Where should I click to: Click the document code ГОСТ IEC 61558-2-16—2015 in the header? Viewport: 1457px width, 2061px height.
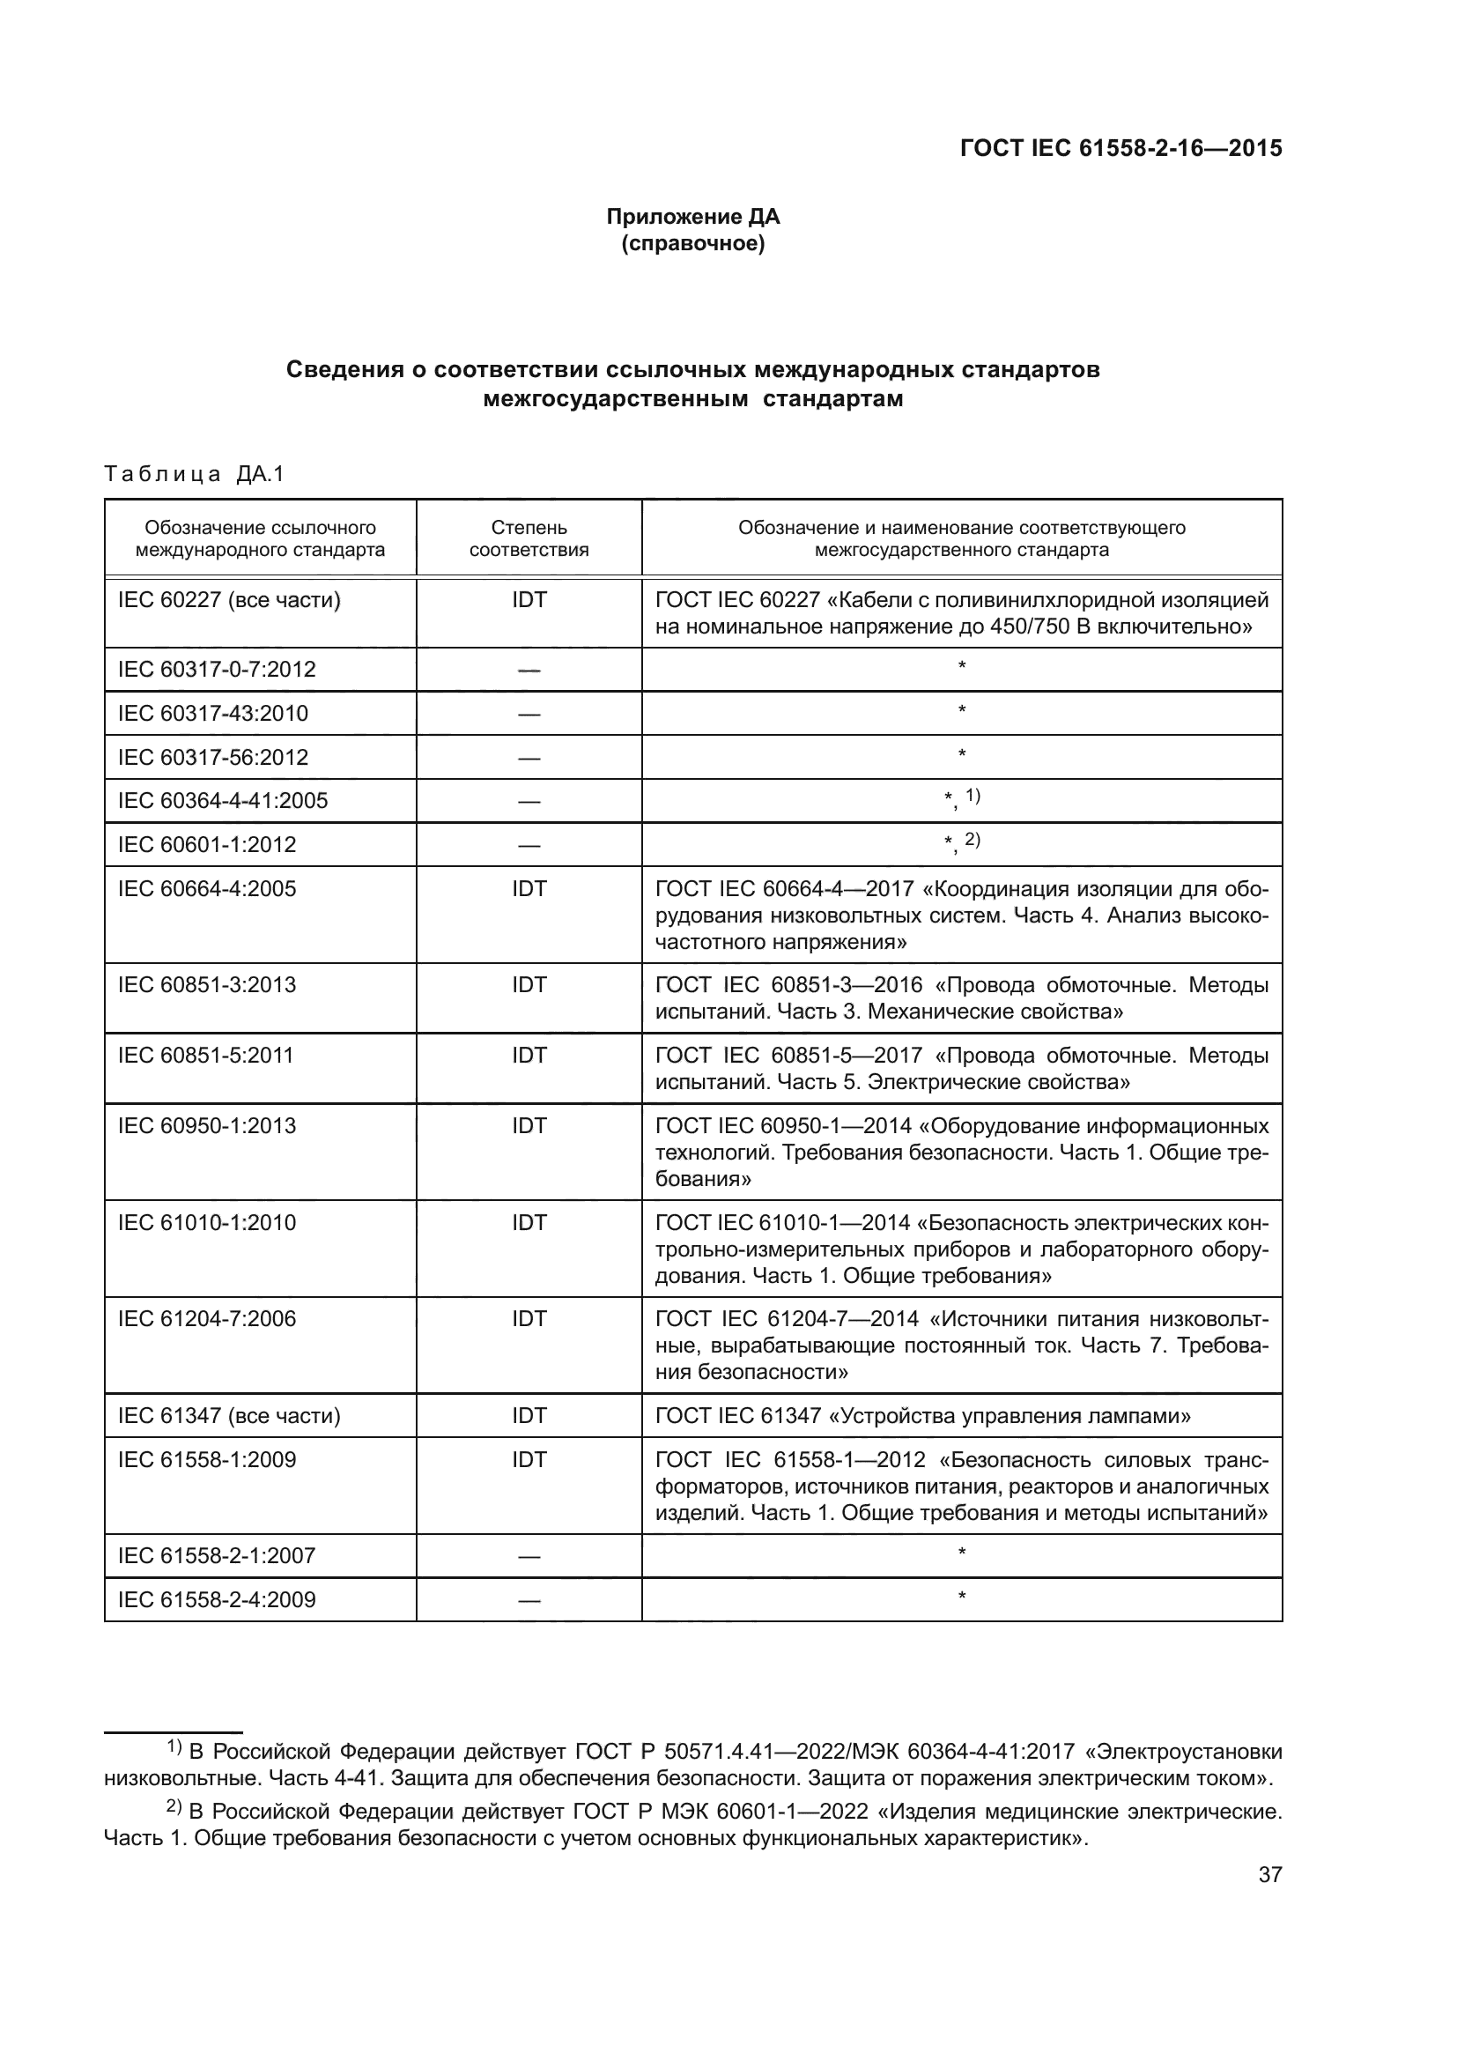pyautogui.click(x=1120, y=149)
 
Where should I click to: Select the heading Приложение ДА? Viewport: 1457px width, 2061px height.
pyautogui.click(x=692, y=217)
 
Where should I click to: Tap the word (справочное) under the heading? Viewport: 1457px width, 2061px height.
pyautogui.click(x=692, y=243)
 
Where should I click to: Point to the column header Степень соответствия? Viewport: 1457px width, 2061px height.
pyautogui.click(x=529, y=538)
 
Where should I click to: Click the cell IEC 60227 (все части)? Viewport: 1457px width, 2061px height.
pyautogui.click(x=229, y=601)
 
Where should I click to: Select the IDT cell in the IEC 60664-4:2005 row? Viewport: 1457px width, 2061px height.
pyautogui.click(x=529, y=889)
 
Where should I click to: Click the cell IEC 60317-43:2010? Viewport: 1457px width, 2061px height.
pyautogui.click(x=212, y=714)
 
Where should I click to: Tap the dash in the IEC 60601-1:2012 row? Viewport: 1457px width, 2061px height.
pyautogui.click(x=529, y=846)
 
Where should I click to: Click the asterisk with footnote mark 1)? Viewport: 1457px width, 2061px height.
pyautogui.click(x=961, y=799)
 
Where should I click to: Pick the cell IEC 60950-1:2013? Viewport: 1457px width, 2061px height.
pyautogui.click(x=206, y=1125)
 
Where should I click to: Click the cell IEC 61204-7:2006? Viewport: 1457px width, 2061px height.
pyautogui.click(x=206, y=1319)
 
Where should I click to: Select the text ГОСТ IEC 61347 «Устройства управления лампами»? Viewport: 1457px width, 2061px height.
pyautogui.click(x=922, y=1416)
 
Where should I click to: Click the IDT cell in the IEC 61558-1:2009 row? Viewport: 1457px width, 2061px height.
pyautogui.click(x=529, y=1459)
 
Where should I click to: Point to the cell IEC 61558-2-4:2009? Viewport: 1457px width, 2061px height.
pyautogui.click(x=216, y=1599)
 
